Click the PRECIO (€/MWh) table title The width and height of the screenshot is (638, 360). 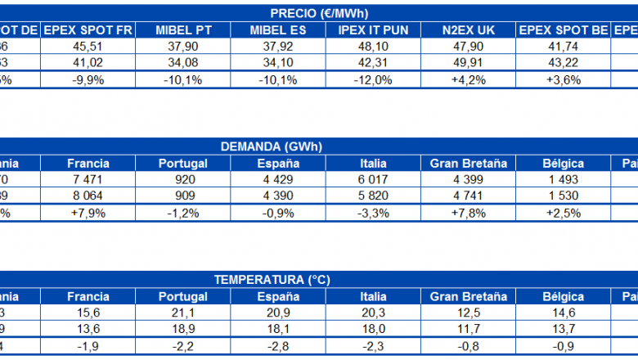319,13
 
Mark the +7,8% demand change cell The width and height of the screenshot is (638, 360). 469,212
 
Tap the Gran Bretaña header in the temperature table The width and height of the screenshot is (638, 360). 469,296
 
